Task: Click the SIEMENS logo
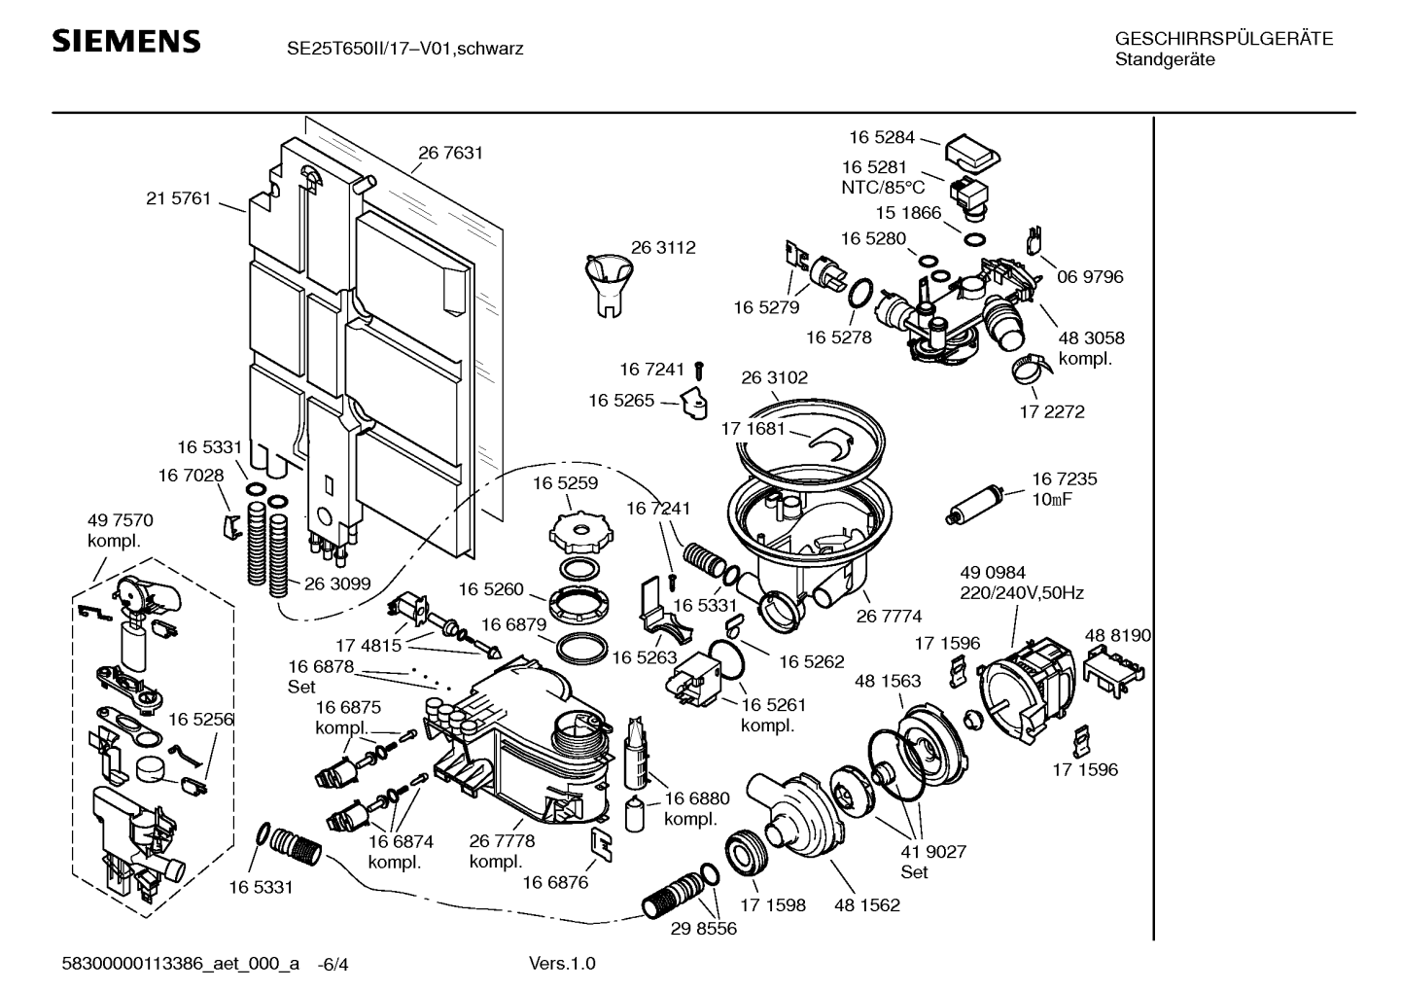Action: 125,42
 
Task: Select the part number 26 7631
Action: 450,153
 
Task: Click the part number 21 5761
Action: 178,198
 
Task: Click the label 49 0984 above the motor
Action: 992,573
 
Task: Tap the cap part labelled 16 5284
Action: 972,149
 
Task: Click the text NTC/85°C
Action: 883,188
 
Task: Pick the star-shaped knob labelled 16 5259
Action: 581,531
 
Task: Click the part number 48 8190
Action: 1117,635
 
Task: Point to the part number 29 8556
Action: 703,929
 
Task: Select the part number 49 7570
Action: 121,520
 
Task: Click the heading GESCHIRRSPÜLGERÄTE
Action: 1223,39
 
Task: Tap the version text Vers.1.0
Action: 562,964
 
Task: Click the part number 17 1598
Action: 772,905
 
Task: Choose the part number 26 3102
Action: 774,377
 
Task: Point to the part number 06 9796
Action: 1090,277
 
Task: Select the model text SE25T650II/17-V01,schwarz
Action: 404,48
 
